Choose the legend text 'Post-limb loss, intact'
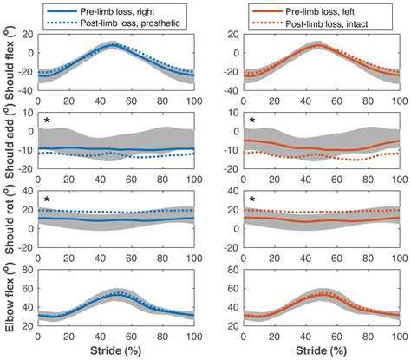click(335, 22)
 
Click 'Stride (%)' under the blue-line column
click(116, 352)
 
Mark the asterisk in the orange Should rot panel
click(251, 200)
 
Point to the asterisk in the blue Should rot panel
click(46, 200)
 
